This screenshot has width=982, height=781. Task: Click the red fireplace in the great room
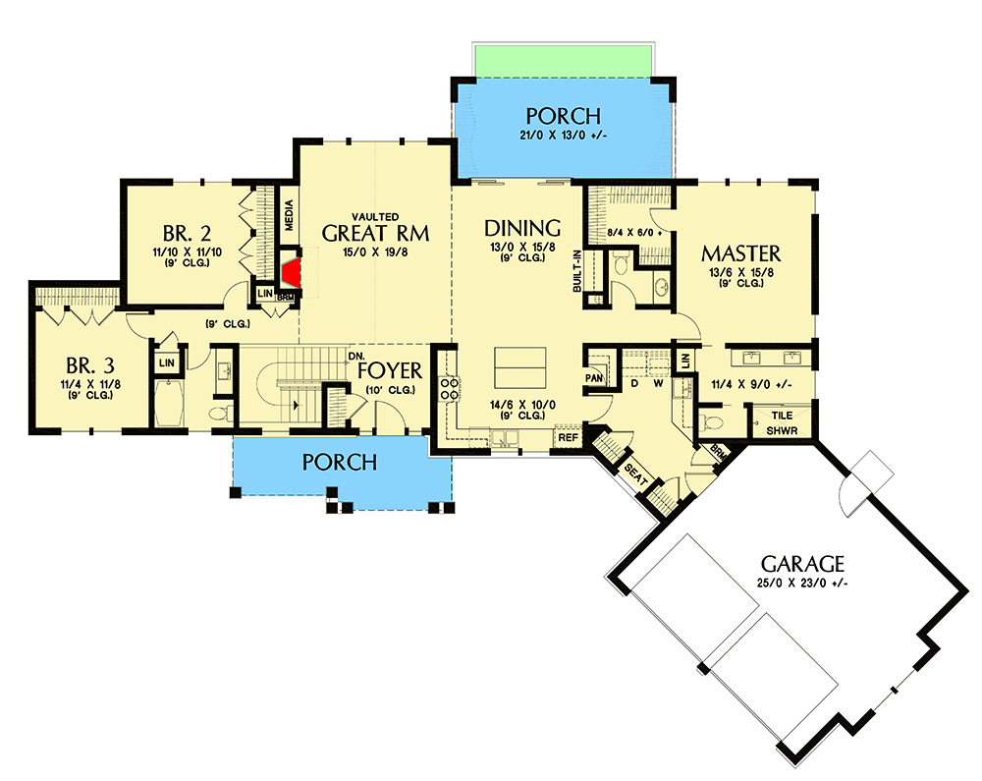click(x=290, y=274)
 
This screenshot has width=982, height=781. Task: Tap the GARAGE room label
click(x=803, y=564)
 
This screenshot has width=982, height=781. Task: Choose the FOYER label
click(x=389, y=371)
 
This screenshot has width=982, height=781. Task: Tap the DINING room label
click(x=522, y=228)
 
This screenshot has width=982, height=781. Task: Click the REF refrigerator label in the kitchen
click(x=568, y=435)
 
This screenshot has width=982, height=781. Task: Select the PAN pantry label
click(x=593, y=378)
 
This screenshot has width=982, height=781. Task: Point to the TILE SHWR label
click(x=782, y=422)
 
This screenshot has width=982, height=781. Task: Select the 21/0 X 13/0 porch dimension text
click(x=564, y=135)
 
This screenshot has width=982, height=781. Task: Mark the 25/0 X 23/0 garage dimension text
click(x=803, y=584)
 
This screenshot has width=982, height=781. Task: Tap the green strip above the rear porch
click(x=563, y=60)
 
